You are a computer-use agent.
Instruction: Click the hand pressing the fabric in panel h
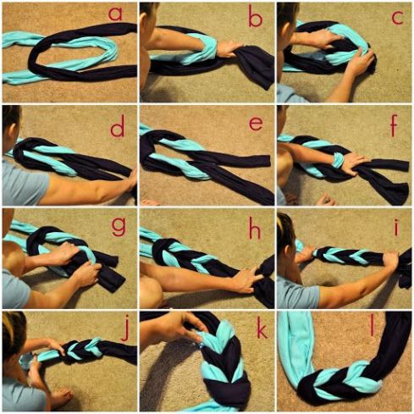pyautogui.click(x=246, y=278)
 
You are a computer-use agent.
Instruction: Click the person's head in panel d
pyautogui.click(x=9, y=119)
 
